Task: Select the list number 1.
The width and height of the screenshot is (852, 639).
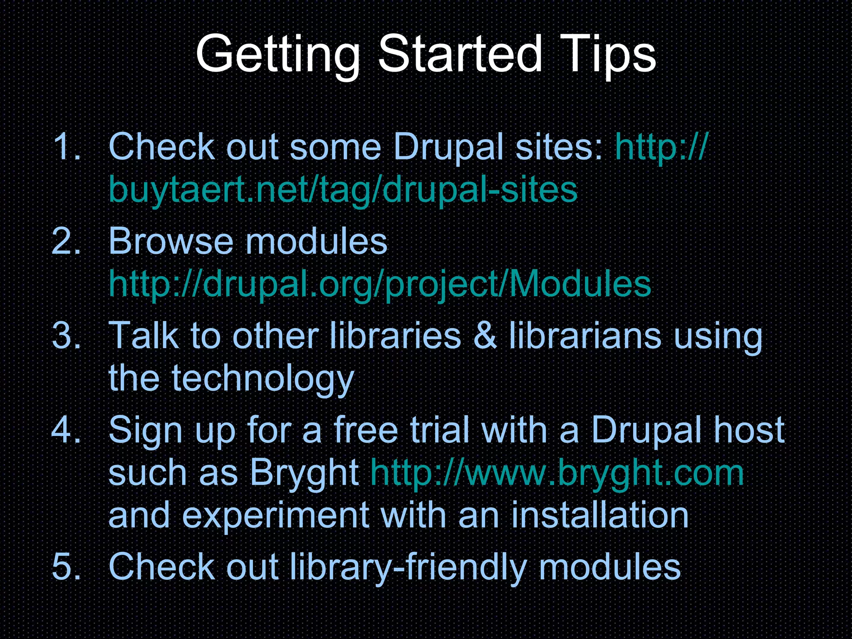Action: (x=67, y=146)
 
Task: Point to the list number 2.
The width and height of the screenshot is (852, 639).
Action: (x=67, y=241)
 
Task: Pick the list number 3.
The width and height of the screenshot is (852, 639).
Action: (x=67, y=335)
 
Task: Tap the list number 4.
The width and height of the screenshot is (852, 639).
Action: (x=67, y=429)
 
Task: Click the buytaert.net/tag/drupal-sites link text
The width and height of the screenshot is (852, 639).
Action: (x=343, y=190)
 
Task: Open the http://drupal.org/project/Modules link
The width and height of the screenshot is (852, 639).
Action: (x=380, y=284)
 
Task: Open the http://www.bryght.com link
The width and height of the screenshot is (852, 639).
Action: (x=557, y=473)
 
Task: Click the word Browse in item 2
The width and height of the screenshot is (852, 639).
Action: (x=171, y=241)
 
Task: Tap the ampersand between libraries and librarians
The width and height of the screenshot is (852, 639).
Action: (x=485, y=335)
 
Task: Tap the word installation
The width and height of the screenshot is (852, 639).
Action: (x=599, y=515)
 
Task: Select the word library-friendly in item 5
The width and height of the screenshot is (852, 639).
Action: (x=408, y=567)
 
